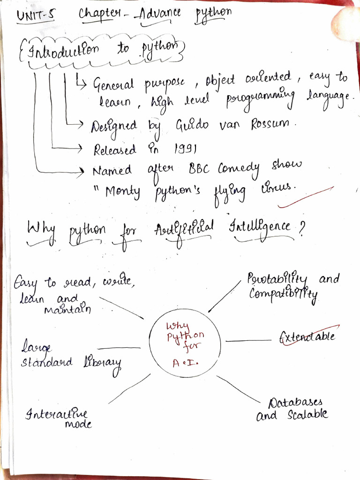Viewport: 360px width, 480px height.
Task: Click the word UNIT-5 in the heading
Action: tap(36, 16)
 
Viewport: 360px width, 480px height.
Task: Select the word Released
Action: tap(115, 150)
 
